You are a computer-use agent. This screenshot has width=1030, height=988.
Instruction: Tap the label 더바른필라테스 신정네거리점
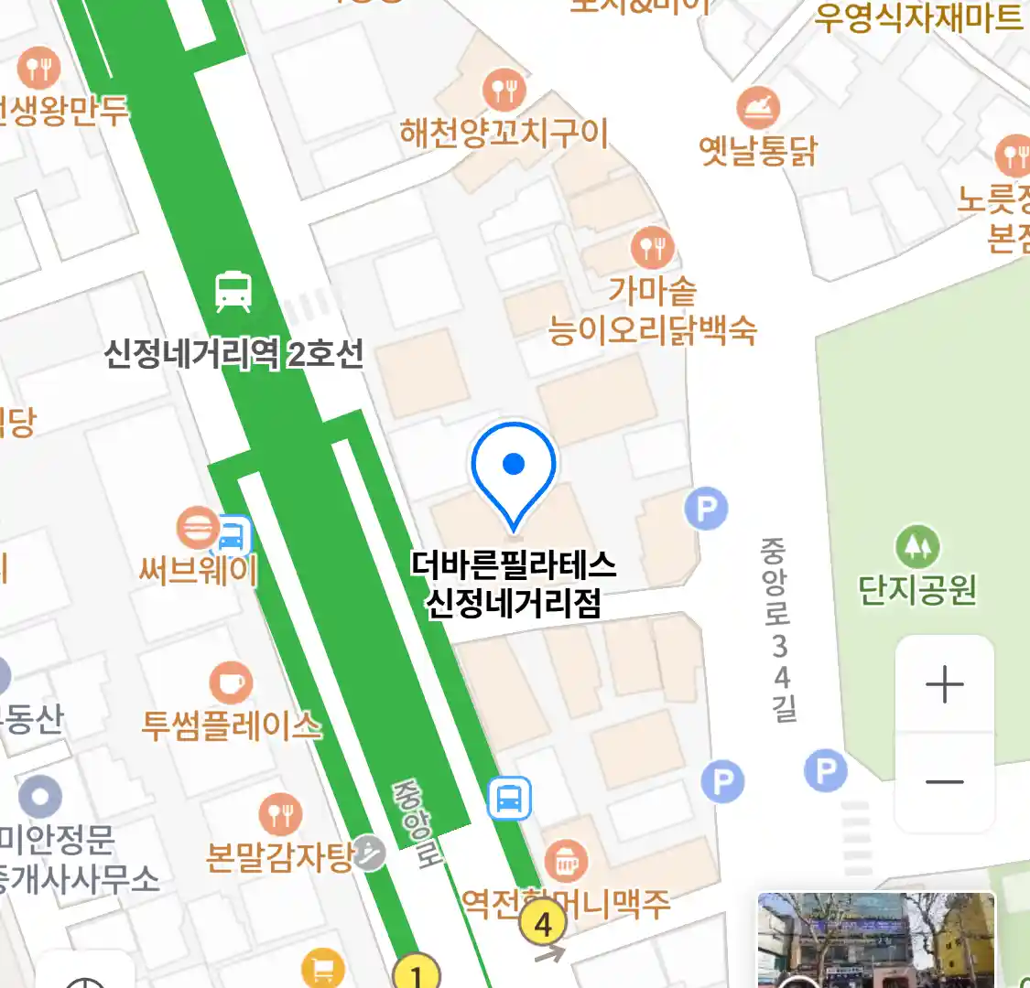(x=514, y=584)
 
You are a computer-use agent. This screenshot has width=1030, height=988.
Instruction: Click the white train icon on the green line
(x=233, y=291)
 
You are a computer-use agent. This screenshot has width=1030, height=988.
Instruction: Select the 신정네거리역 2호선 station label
(x=234, y=353)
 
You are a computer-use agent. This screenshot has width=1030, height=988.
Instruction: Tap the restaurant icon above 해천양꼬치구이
(x=504, y=91)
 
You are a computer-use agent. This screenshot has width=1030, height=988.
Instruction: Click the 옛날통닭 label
(x=758, y=150)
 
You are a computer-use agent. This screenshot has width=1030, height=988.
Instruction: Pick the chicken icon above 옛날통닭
(x=758, y=108)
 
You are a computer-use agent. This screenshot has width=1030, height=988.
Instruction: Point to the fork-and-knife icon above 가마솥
(x=652, y=247)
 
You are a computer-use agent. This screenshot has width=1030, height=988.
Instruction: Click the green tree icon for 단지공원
(x=916, y=547)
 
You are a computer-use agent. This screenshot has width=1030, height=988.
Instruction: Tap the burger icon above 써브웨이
(x=199, y=528)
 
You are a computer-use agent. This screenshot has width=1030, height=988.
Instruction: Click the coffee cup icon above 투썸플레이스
(x=231, y=682)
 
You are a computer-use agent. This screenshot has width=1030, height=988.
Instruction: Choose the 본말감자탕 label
(x=280, y=857)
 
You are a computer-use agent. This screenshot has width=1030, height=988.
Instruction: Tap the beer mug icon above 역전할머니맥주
(x=566, y=861)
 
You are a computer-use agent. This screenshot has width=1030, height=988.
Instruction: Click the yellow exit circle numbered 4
(x=544, y=924)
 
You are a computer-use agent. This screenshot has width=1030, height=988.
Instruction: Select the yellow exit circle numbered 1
(x=417, y=972)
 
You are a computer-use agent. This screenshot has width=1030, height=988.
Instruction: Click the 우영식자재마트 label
(x=918, y=16)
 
